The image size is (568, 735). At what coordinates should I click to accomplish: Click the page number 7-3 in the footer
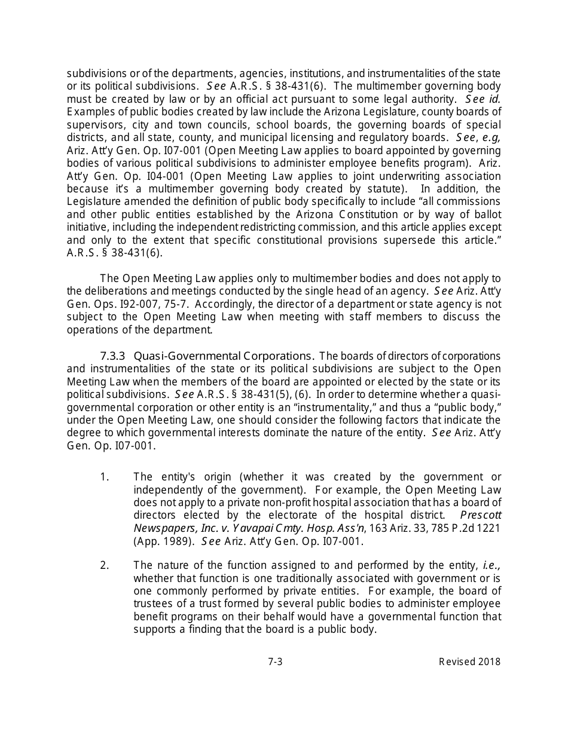(275, 661)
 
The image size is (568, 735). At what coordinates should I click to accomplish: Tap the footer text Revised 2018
(469, 661)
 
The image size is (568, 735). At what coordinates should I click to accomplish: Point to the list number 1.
(105, 476)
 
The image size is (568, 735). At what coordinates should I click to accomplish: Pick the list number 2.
(105, 565)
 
